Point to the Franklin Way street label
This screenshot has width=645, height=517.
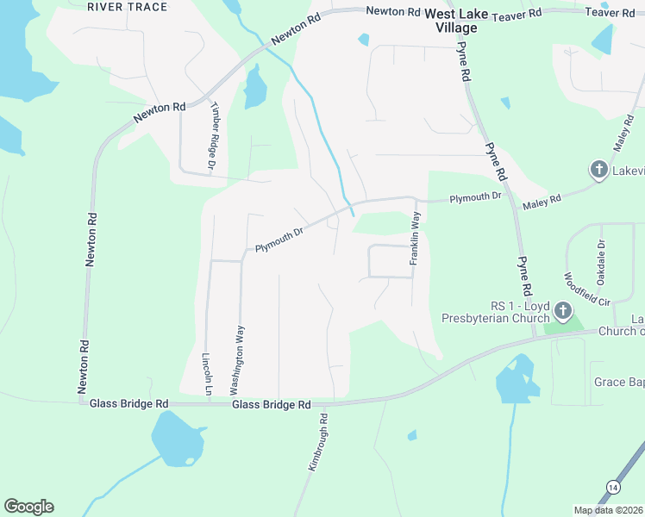point(415,238)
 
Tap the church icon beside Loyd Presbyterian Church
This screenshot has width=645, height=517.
point(562,310)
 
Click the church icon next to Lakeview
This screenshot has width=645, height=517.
point(598,170)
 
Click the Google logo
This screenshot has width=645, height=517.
point(28,507)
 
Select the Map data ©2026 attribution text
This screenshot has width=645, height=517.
point(608,510)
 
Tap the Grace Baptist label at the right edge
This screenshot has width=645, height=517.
point(618,381)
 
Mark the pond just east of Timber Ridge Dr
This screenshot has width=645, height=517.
point(255,89)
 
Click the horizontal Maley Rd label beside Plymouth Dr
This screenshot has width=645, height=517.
point(542,203)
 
